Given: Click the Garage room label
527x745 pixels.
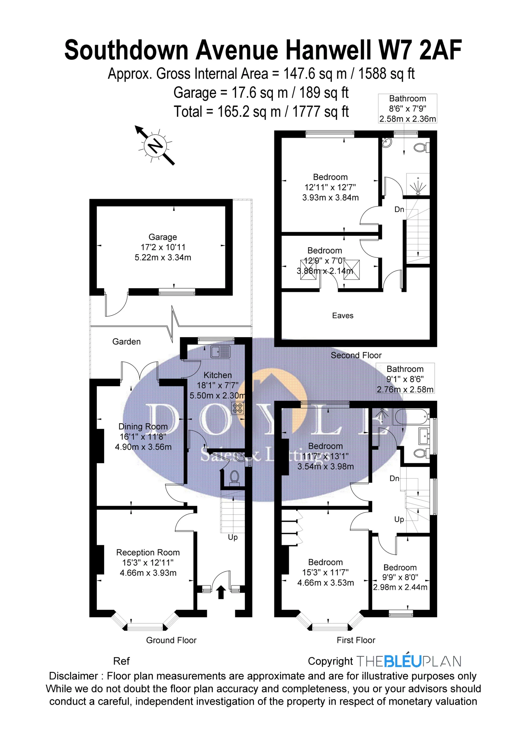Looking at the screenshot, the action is tap(162, 237).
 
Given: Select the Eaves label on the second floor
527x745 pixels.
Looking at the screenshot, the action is tap(342, 315).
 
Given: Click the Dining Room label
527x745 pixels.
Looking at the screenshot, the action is tap(143, 426).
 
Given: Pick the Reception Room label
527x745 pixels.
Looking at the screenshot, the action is tap(148, 552).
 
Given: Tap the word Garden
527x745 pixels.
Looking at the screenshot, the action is tap(126, 341).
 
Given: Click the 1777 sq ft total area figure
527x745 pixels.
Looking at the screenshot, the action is tap(321, 112).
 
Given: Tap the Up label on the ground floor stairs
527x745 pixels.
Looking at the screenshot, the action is tap(233, 537).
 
